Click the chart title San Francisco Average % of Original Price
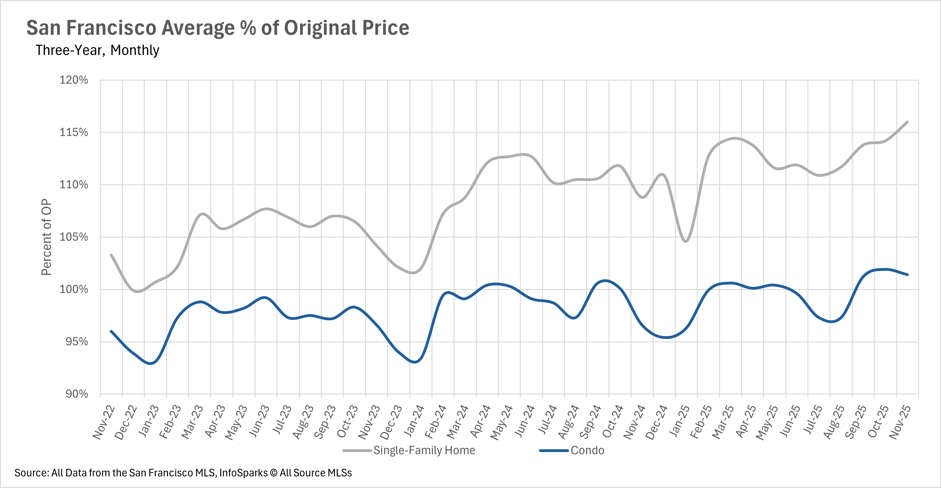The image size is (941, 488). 218,28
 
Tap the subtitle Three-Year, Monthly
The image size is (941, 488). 97,50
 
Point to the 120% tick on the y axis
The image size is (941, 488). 74,80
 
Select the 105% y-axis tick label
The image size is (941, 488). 74,237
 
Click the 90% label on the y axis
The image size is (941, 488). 77,394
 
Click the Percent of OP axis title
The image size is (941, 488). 46,237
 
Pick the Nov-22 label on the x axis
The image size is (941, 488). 104,422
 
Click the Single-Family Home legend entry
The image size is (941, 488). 424,450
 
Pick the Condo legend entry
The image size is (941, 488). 587,450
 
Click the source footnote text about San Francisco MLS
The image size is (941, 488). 183,473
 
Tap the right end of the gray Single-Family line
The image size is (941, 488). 908,122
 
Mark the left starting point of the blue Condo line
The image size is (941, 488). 111,331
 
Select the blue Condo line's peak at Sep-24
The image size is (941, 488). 605,281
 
